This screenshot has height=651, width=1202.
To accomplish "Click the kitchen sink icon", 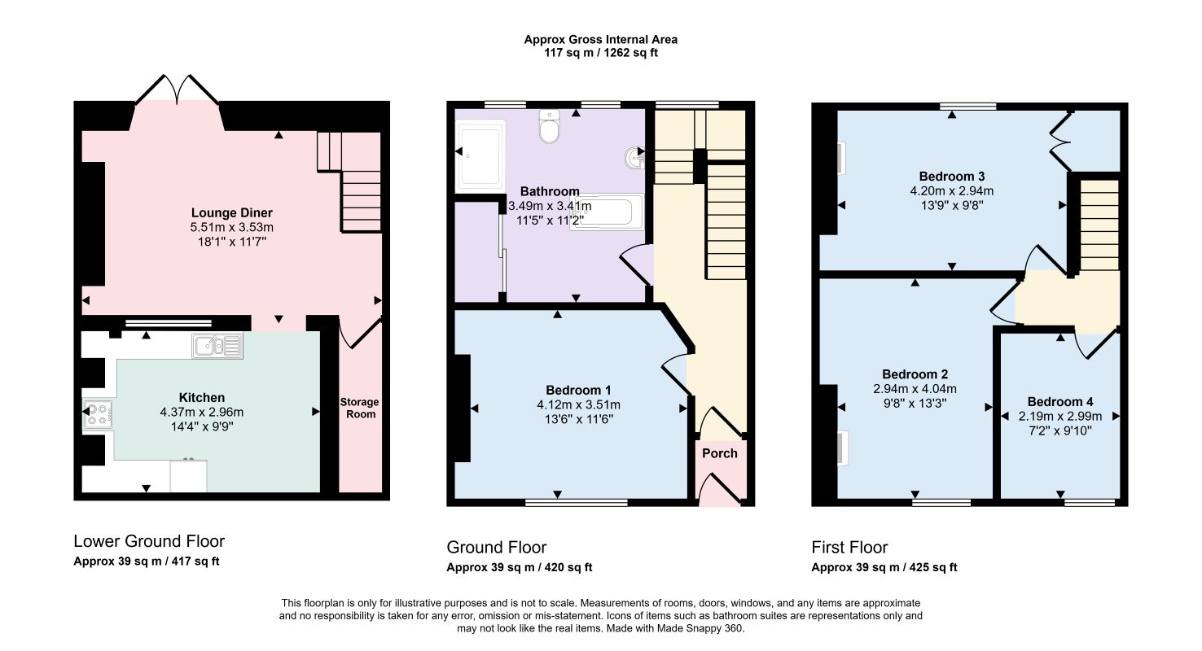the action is tap(217, 346).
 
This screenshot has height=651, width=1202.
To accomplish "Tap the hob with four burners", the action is tap(98, 414).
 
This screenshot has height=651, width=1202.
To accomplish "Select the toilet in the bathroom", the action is tap(550, 126).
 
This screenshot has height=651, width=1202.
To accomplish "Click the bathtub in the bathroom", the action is tap(607, 212).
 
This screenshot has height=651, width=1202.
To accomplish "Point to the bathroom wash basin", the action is tap(635, 158).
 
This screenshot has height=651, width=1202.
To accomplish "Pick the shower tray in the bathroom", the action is tap(480, 156).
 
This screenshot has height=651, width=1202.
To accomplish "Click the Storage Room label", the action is tap(359, 408).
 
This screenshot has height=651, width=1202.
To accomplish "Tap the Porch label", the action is tap(720, 453).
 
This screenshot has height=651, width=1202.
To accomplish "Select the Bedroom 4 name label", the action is tap(1060, 402).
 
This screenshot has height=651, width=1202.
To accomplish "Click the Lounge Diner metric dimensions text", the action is tap(232, 227).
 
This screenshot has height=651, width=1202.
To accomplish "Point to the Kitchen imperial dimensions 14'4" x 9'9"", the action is tap(202, 427).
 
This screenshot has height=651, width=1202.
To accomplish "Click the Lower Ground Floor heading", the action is tap(149, 541).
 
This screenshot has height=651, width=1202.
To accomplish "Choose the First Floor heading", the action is tap(849, 548).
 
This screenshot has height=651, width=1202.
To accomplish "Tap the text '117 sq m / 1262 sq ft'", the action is tap(601, 53).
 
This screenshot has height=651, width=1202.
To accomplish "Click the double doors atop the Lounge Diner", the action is tap(177, 89).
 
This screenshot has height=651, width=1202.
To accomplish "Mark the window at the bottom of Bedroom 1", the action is tap(577, 502).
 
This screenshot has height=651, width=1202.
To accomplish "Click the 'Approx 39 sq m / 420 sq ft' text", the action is tap(520, 567).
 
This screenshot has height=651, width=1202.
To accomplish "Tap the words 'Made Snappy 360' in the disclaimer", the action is tap(700, 628).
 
